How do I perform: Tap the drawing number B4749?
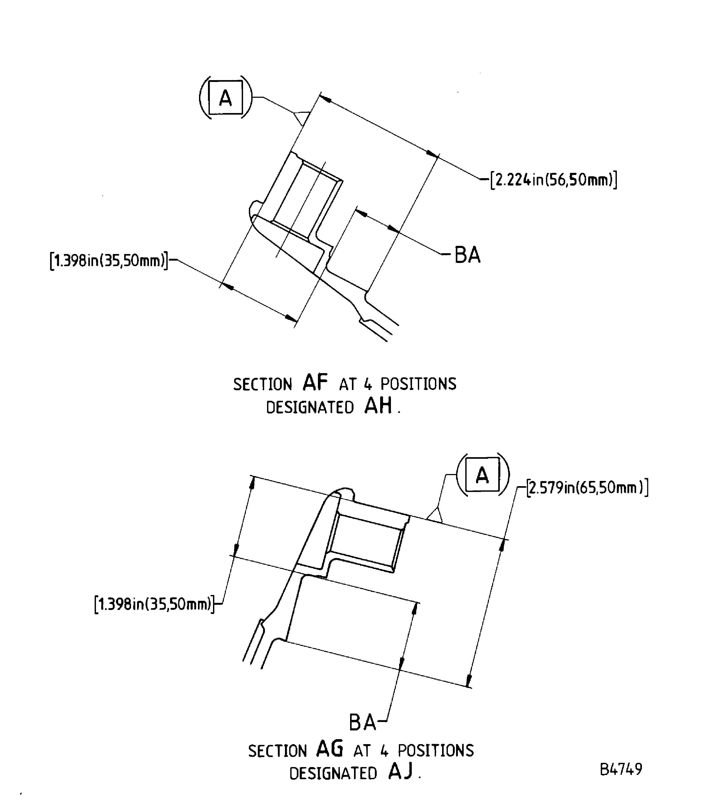[x=621, y=769]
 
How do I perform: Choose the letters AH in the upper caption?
[x=378, y=406]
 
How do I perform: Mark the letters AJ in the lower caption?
[x=400, y=771]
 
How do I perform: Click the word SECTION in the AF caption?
[x=263, y=384]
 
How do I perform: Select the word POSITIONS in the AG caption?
[x=435, y=750]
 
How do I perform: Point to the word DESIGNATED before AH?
[x=310, y=408]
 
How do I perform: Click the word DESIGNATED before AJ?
[x=333, y=774]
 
